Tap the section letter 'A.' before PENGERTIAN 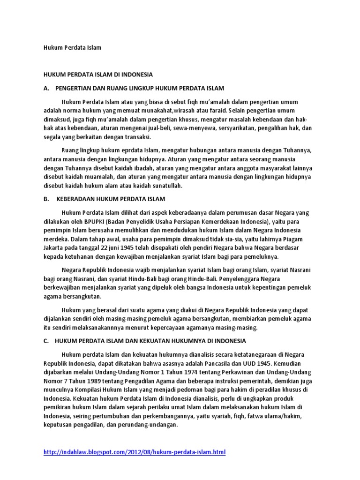click(x=46, y=88)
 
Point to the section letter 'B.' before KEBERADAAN click(x=46, y=199)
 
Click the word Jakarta click(x=53, y=248)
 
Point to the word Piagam click(x=297, y=240)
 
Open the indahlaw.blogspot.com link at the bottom click(x=134, y=452)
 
